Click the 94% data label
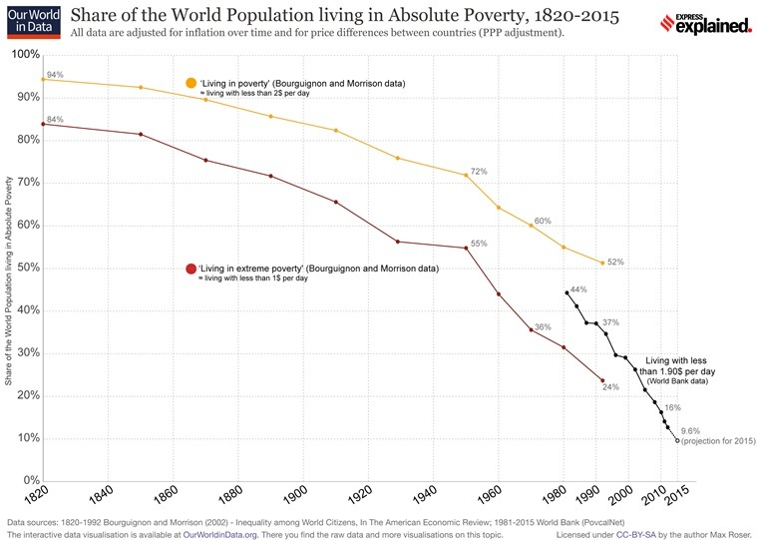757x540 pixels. (x=55, y=75)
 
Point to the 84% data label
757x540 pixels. (x=55, y=120)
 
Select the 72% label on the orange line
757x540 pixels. (x=479, y=172)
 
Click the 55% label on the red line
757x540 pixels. (x=479, y=244)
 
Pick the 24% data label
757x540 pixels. (x=610, y=387)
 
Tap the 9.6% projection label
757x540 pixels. (x=690, y=430)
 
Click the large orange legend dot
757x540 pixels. (x=191, y=83)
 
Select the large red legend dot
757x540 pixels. (x=191, y=270)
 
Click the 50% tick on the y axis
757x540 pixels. (x=21, y=268)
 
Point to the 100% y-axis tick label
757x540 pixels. (x=19, y=54)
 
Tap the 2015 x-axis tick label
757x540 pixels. (x=679, y=495)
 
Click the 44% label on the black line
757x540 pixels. (x=578, y=289)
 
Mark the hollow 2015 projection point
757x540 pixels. (x=678, y=440)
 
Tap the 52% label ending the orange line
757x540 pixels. (x=615, y=263)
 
